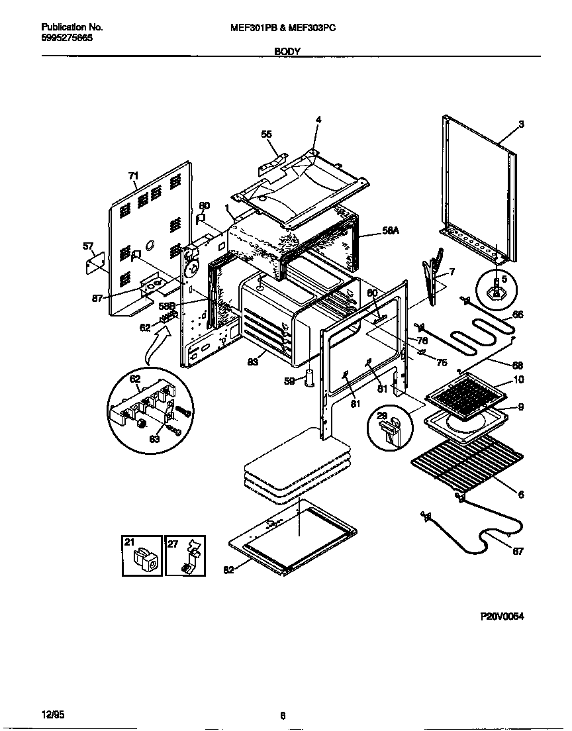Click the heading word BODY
287,51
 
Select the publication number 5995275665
67,38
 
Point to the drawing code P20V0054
502,616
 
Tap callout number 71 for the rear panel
133,175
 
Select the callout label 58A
391,230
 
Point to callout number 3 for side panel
521,124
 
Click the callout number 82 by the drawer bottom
228,571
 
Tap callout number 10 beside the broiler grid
519,380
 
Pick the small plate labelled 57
98,262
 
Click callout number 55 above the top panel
266,134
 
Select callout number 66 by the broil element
518,315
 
